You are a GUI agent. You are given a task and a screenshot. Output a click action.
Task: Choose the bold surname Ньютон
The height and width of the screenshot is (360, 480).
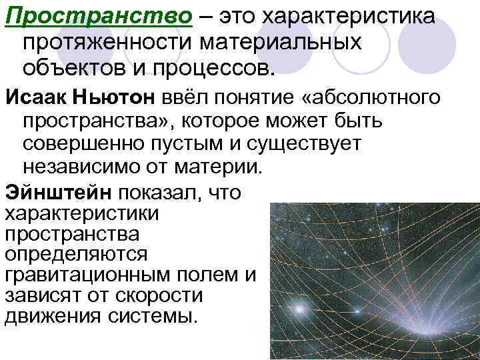pyautogui.click(x=118, y=97)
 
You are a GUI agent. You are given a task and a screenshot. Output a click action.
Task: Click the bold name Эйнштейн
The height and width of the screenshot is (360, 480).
pyautogui.click(x=58, y=192)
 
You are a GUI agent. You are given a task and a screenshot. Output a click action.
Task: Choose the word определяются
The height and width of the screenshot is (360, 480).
pyautogui.click(x=76, y=255)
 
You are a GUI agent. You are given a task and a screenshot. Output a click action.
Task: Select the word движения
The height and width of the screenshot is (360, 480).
pyautogui.click(x=51, y=315)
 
